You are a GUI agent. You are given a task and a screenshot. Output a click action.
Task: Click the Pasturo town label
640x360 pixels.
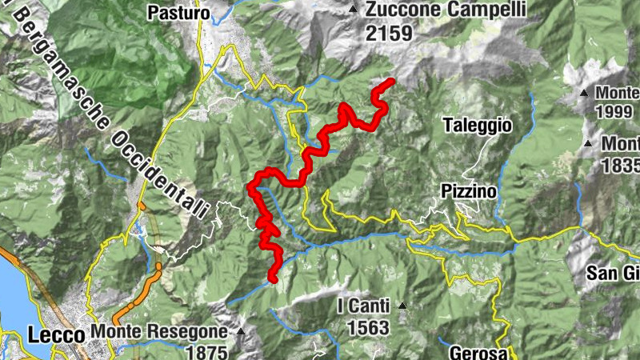178,13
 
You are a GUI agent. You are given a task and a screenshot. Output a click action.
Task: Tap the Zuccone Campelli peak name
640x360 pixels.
446,10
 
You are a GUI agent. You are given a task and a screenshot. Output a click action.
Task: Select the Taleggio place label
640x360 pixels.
478,125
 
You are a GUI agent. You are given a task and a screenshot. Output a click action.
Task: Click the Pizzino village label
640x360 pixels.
468,192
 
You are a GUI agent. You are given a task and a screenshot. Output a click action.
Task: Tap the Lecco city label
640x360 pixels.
56,334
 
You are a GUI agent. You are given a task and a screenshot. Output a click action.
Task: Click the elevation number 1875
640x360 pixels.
206,350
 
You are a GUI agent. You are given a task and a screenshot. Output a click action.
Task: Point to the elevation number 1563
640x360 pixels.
368,327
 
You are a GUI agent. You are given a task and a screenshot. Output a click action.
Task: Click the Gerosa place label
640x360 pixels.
478,353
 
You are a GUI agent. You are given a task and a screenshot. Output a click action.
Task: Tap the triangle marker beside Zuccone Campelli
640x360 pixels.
353,10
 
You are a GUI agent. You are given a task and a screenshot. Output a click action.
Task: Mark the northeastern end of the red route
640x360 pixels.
392,82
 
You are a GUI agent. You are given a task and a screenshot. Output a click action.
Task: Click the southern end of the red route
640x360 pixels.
272,279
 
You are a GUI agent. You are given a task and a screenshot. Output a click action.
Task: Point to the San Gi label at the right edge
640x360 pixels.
614,273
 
